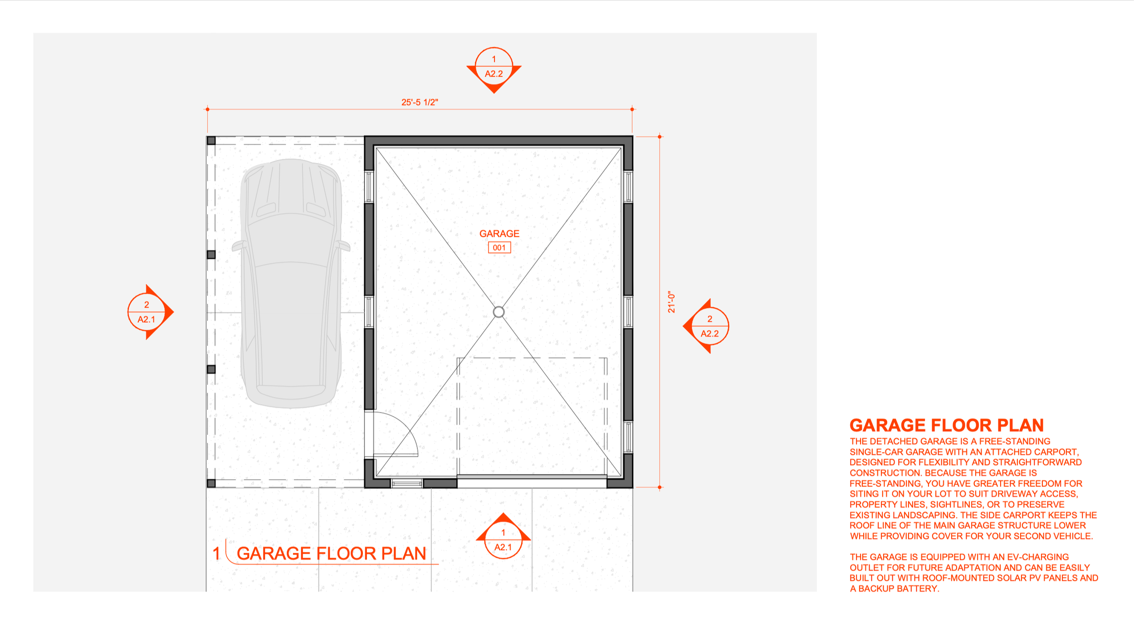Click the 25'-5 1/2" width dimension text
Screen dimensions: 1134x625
tap(420, 102)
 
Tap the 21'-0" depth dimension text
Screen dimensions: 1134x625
tap(671, 302)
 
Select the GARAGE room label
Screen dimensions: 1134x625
tap(499, 234)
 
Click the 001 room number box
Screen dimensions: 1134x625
tap(499, 248)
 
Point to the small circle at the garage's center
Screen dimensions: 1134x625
tap(499, 312)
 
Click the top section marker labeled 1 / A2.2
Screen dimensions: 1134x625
tap(494, 67)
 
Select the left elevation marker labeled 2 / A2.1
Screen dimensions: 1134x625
tap(147, 312)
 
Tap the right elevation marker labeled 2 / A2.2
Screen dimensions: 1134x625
tap(709, 326)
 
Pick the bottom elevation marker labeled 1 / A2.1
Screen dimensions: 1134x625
tap(503, 540)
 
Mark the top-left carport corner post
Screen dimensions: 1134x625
tap(211, 141)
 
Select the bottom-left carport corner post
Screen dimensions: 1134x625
tap(211, 483)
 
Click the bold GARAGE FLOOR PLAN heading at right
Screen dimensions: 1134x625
tap(946, 425)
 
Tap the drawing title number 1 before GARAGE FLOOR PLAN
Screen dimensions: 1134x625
tap(216, 553)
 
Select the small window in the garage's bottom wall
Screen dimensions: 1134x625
tap(407, 483)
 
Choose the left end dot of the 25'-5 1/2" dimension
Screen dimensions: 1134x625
tap(208, 109)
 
